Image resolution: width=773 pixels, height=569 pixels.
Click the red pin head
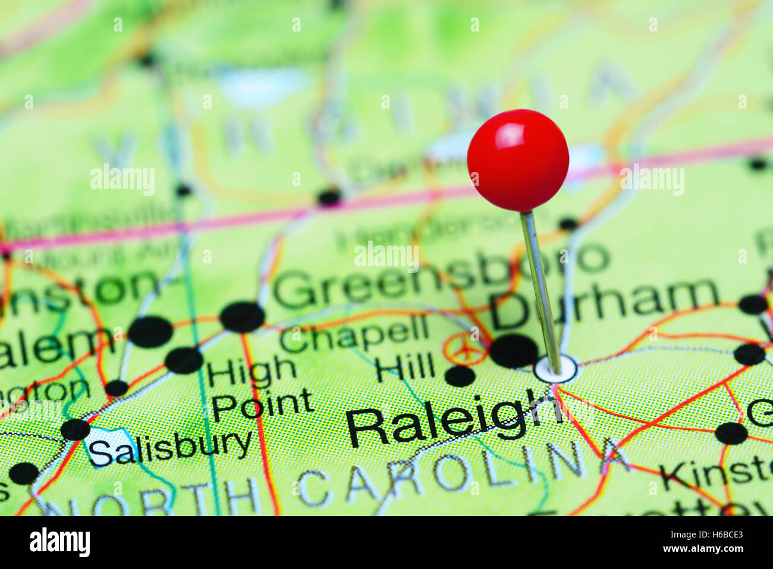[x=518, y=160]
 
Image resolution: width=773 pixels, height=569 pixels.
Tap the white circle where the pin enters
[x=555, y=369]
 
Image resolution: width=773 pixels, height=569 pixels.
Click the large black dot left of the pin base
[x=513, y=351]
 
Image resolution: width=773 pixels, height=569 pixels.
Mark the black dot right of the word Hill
[x=460, y=376]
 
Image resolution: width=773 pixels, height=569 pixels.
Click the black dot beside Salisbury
[x=76, y=429]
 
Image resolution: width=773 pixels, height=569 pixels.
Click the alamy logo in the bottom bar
[x=59, y=542]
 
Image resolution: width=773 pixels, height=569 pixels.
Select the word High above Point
[x=252, y=372]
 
